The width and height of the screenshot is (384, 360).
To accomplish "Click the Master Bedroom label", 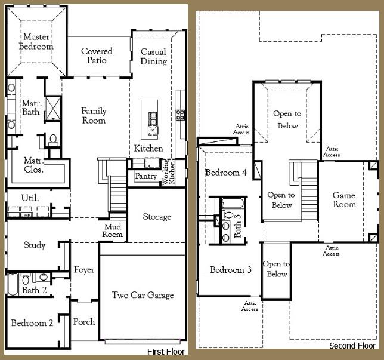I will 36,42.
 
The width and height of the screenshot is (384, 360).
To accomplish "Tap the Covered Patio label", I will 97,56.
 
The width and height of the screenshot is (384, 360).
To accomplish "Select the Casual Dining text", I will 153,57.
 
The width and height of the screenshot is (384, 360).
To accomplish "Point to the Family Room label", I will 94,115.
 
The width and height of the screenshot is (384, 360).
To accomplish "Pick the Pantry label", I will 145,176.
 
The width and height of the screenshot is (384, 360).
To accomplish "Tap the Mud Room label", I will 113,230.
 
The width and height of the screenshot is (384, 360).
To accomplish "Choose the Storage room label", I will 157,217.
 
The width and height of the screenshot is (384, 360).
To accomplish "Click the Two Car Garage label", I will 143,295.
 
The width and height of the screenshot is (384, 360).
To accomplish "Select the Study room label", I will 35,245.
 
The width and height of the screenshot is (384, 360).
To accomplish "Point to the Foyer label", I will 84,270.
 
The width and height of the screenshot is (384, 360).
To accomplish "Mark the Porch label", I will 84,322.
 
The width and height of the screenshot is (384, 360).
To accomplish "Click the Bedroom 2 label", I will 32,323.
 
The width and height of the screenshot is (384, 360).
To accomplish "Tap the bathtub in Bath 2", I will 12,284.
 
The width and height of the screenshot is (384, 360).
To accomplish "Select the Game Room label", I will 344,199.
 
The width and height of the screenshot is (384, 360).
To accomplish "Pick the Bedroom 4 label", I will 225,173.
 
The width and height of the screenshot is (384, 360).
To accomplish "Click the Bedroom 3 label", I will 230,270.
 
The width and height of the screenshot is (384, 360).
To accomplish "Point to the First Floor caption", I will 166,352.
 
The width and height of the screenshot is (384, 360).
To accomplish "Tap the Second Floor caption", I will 352,346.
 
